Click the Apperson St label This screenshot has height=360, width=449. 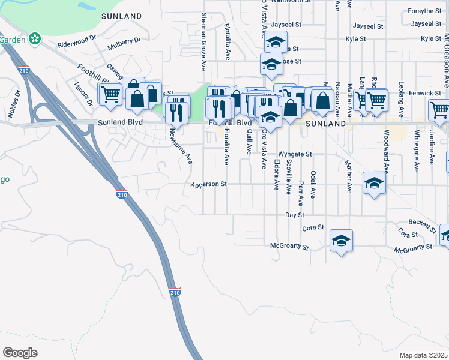click(208, 185)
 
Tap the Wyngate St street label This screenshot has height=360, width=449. click(295, 154)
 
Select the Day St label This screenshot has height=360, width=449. click(295, 214)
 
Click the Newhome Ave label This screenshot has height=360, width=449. click(180, 146)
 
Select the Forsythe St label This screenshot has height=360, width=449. click(424, 11)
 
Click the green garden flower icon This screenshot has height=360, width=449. click(35, 40)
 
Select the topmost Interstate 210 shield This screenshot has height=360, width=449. click(24, 70)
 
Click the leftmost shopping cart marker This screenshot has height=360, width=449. click(110, 93)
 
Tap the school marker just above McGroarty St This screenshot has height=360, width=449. click(342, 239)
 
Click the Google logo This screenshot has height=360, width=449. click(20, 352)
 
